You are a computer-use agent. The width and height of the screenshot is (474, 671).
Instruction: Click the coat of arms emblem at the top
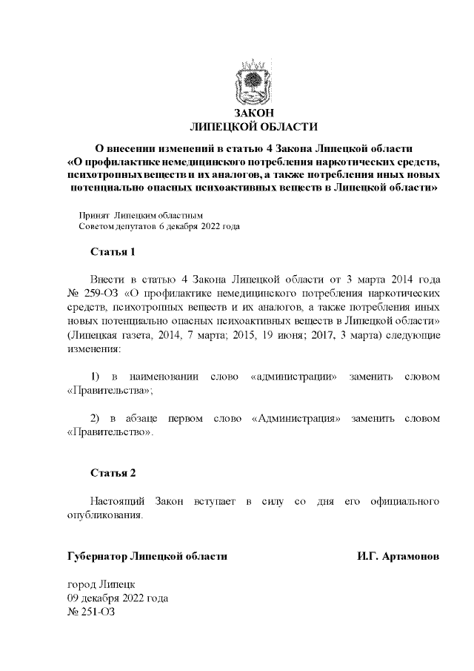(x=253, y=86)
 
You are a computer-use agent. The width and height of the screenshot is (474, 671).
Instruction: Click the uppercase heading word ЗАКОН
(x=253, y=113)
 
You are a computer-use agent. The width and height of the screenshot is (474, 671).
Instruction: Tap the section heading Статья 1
(x=113, y=252)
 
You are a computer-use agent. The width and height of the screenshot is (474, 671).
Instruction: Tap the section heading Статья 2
(x=113, y=473)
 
